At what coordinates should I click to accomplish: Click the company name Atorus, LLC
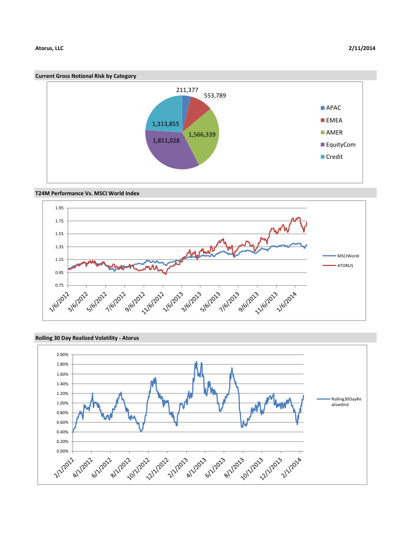49,49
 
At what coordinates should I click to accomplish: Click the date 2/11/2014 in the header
362,49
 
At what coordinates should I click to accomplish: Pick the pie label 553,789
215,95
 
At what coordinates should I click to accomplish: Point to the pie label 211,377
187,90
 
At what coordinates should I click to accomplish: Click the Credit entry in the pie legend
334,157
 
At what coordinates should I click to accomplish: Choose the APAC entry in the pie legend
334,108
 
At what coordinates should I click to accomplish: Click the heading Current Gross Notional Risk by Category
85,76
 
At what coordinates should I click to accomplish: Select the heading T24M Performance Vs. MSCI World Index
87,193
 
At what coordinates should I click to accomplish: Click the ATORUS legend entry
345,265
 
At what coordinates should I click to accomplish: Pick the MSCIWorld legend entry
348,256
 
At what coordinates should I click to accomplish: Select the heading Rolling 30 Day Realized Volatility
87,337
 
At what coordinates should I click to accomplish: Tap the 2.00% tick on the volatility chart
62,355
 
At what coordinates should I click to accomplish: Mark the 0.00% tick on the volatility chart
62,451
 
